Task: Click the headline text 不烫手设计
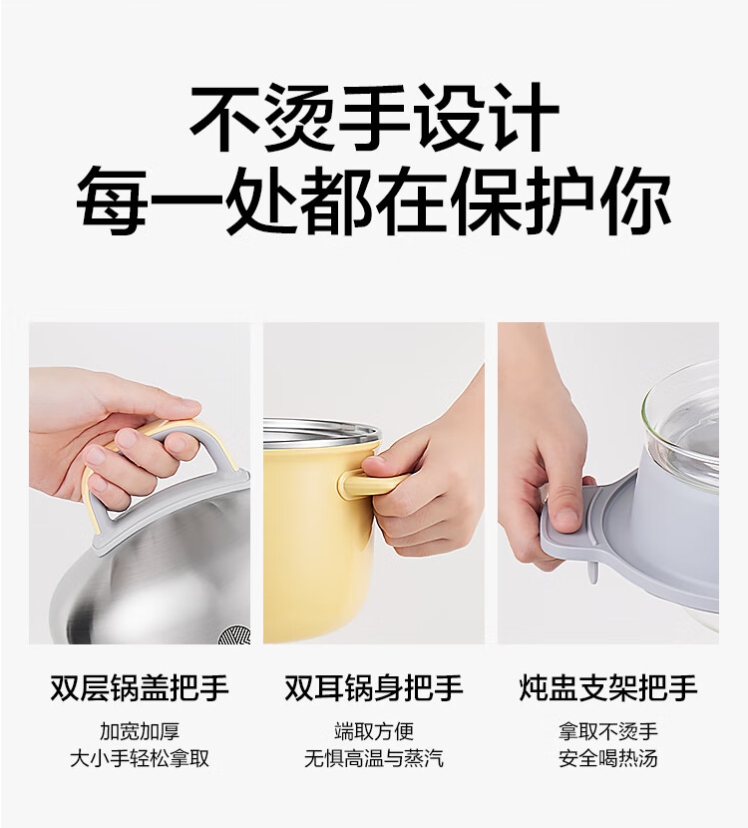[x=374, y=118]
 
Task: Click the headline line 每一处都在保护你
[x=374, y=203]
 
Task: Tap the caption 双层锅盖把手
[x=140, y=687]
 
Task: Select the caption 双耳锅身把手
[x=374, y=687]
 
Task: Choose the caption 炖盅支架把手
[x=608, y=687]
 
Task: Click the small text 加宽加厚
[x=140, y=732]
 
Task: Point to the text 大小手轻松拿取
[x=140, y=758]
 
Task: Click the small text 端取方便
[x=374, y=732]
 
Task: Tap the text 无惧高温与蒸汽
[x=374, y=758]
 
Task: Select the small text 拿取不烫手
[x=608, y=732]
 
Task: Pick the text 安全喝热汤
[x=608, y=758]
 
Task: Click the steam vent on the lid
[x=237, y=632]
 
